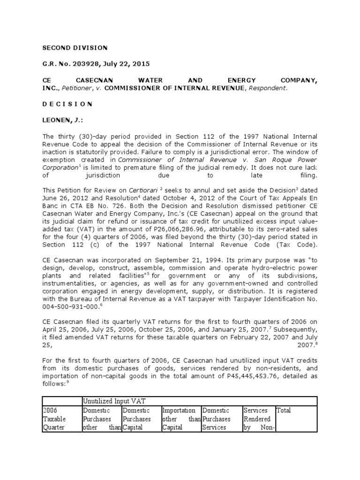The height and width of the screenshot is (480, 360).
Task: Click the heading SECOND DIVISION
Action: [x=75, y=48]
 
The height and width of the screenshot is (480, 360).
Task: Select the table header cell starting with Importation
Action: [x=181, y=419]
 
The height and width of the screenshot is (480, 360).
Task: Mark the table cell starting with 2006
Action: [x=61, y=419]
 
